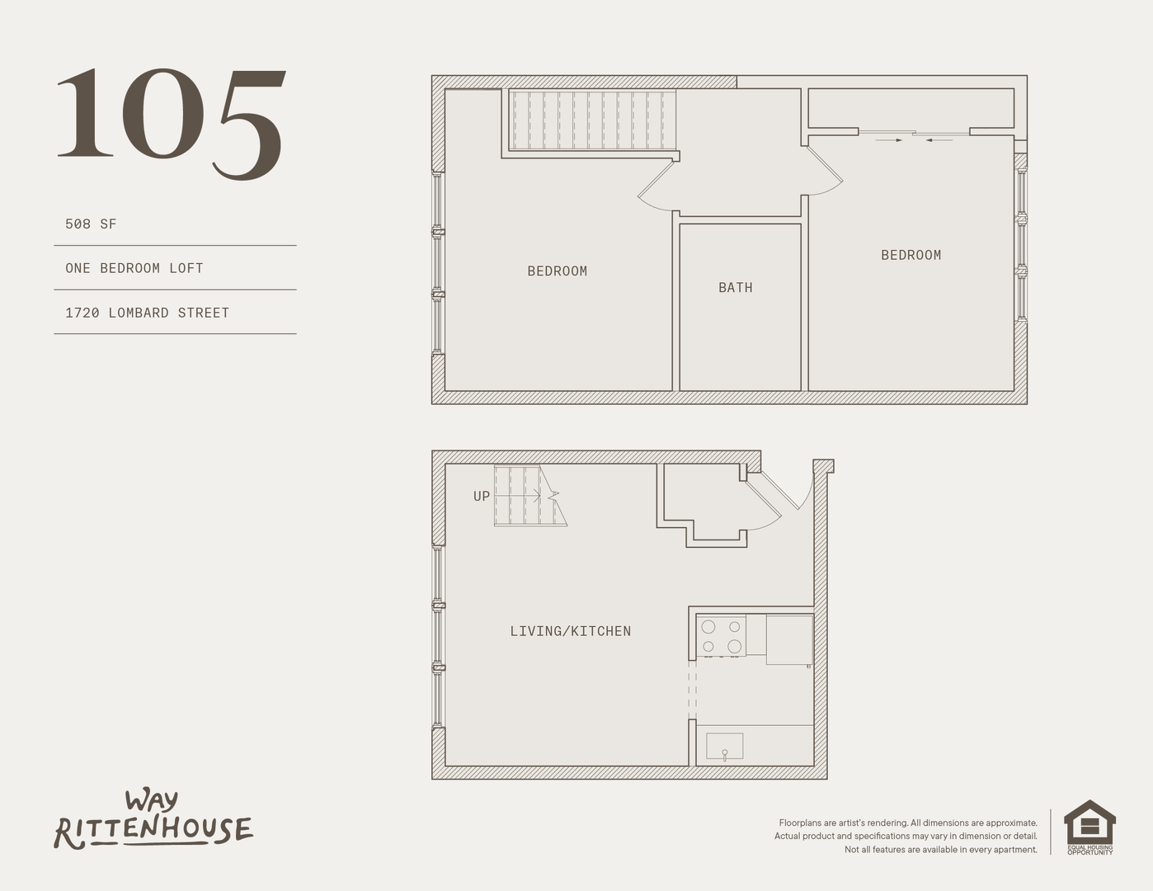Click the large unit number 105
(x=171, y=125)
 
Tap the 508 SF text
(x=91, y=224)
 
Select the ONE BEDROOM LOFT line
(x=134, y=268)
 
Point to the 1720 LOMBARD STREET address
(x=147, y=313)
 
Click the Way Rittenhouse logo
(x=153, y=820)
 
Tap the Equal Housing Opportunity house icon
(x=1089, y=827)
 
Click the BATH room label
(x=736, y=288)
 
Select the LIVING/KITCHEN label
(x=571, y=631)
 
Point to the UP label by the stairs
(x=482, y=496)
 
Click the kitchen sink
(x=725, y=747)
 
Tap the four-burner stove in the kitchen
(x=721, y=636)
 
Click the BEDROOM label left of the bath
(x=558, y=271)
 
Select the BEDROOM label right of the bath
(x=911, y=255)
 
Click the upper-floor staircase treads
(x=592, y=120)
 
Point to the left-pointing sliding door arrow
(x=939, y=140)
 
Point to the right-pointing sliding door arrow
(x=889, y=140)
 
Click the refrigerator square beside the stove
(x=789, y=640)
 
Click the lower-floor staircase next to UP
(x=530, y=496)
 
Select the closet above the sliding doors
(x=911, y=108)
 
